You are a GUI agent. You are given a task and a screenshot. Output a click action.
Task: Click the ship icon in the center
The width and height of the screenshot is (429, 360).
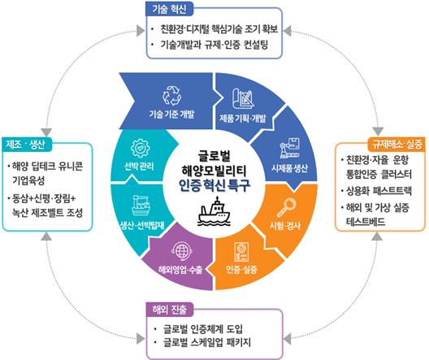pos(214,211)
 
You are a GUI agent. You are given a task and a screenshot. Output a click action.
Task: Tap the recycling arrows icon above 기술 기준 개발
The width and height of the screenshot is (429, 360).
pos(171,96)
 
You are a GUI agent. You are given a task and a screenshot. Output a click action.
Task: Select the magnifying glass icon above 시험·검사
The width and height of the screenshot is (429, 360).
pos(287,207)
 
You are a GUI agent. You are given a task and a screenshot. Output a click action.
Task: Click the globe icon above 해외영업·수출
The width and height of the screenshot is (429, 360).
pos(181,251)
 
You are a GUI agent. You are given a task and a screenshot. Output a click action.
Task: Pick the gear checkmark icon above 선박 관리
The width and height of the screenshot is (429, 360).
pos(140,148)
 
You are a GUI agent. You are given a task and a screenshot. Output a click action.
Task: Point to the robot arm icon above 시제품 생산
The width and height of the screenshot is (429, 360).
pos(289,148)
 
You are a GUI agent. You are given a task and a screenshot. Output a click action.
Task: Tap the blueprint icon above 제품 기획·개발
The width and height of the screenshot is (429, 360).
pos(243,99)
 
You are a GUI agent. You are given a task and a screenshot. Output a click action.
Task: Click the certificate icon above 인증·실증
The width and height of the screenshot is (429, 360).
pos(241,252)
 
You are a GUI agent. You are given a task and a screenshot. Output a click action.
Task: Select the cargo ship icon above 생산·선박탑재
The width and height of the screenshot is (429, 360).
pos(141,206)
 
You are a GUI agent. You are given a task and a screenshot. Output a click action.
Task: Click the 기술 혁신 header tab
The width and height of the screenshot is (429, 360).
pos(169,9)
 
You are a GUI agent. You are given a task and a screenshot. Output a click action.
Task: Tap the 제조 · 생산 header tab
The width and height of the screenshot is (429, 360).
pos(26,144)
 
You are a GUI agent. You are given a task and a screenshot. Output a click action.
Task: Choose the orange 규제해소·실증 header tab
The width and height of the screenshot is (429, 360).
pos(397,144)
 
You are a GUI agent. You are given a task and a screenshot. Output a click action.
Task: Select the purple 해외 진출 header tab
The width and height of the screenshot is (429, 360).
pos(170,310)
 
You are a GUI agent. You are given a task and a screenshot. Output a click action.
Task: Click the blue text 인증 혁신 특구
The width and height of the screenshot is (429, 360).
pos(214,185)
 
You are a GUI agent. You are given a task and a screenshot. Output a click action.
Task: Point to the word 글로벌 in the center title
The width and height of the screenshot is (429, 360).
pos(214,156)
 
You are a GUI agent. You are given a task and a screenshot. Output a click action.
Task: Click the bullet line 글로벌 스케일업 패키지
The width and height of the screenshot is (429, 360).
pos(203,342)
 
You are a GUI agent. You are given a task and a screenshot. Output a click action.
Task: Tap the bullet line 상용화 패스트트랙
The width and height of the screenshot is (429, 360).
pos(377,191)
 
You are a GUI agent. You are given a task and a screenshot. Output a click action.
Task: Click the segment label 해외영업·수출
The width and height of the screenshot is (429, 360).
pos(180,270)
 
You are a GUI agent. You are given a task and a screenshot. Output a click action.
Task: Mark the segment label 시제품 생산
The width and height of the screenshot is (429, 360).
pos(289,167)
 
